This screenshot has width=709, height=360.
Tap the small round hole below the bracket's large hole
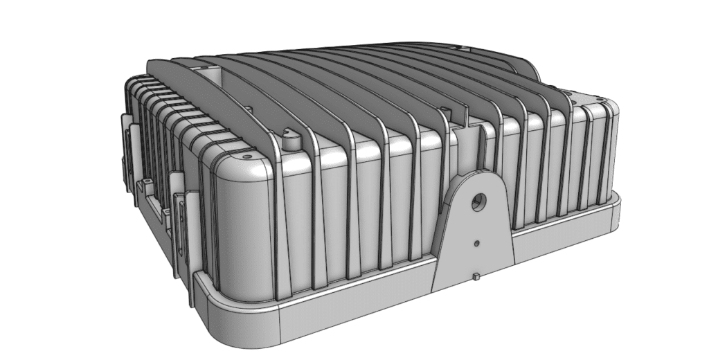coord(477,244)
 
